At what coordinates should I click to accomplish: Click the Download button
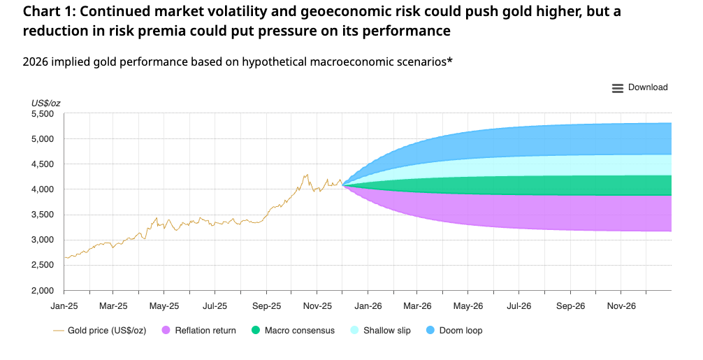click(x=647, y=87)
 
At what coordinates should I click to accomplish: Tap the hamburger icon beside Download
click(x=617, y=88)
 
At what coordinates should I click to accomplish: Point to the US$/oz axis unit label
click(x=45, y=103)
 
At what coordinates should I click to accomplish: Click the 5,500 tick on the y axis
click(x=43, y=114)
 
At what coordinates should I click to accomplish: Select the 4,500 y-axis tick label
click(x=43, y=164)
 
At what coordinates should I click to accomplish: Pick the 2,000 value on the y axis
click(x=43, y=290)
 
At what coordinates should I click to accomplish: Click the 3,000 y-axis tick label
click(x=43, y=240)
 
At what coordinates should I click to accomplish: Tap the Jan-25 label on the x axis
click(x=64, y=306)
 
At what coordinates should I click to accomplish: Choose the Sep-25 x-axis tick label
click(x=266, y=306)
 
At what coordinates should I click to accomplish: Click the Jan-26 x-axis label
click(x=368, y=306)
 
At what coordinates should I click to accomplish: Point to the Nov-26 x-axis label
click(x=621, y=306)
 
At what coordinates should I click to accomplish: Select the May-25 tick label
click(x=164, y=306)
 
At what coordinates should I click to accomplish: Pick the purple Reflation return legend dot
click(x=166, y=330)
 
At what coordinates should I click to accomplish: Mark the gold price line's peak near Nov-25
click(x=306, y=175)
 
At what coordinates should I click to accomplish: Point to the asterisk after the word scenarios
click(x=449, y=60)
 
